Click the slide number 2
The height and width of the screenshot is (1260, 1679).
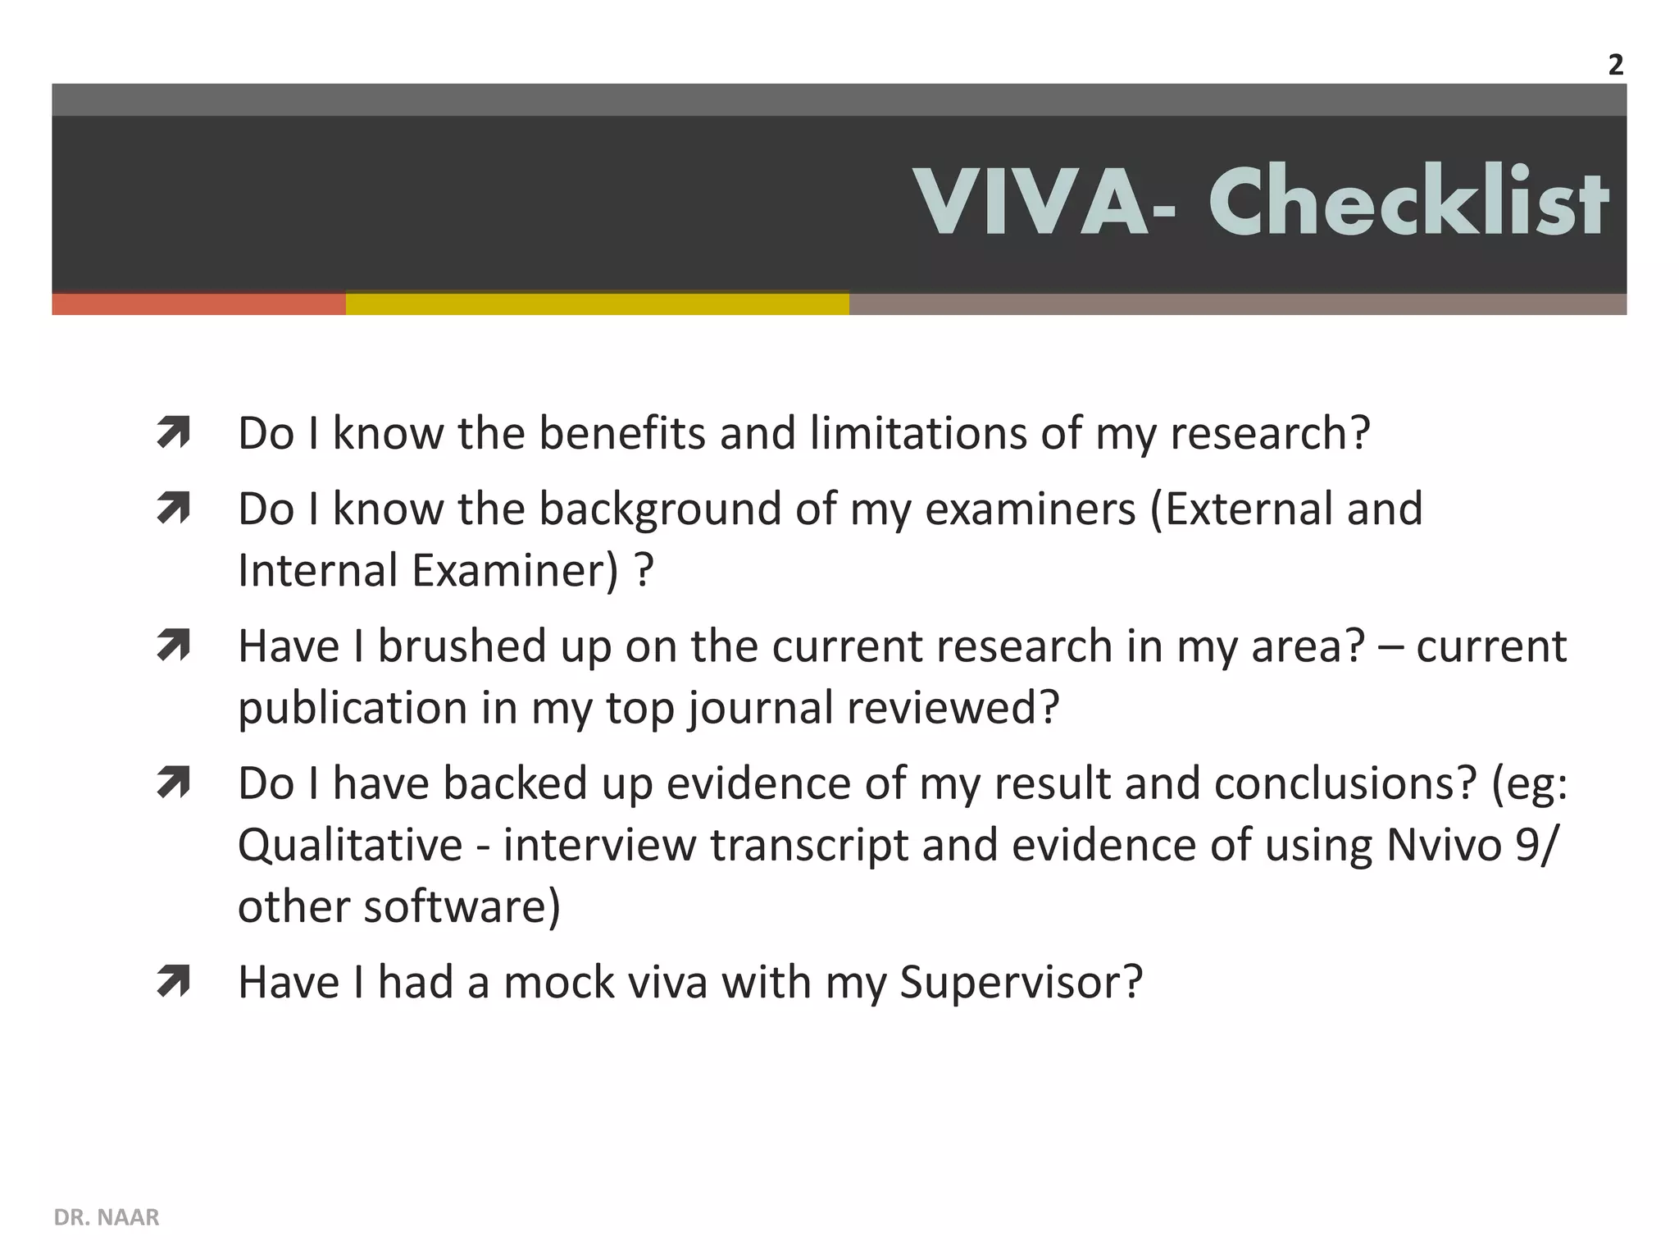tap(1615, 66)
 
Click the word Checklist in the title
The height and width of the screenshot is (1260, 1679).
tap(1408, 202)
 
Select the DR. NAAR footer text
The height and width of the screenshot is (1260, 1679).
tap(107, 1217)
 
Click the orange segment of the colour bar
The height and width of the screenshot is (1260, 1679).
tap(198, 304)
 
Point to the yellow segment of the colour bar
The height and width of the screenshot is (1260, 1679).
tap(597, 304)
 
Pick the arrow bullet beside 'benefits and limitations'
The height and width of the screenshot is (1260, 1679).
tap(173, 433)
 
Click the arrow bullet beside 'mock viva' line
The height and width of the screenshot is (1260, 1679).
tap(173, 982)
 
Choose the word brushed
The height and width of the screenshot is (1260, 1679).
tap(462, 646)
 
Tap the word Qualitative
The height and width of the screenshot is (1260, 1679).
tap(350, 845)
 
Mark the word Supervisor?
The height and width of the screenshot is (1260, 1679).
tap(1021, 982)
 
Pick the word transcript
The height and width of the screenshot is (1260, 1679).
tap(809, 845)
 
